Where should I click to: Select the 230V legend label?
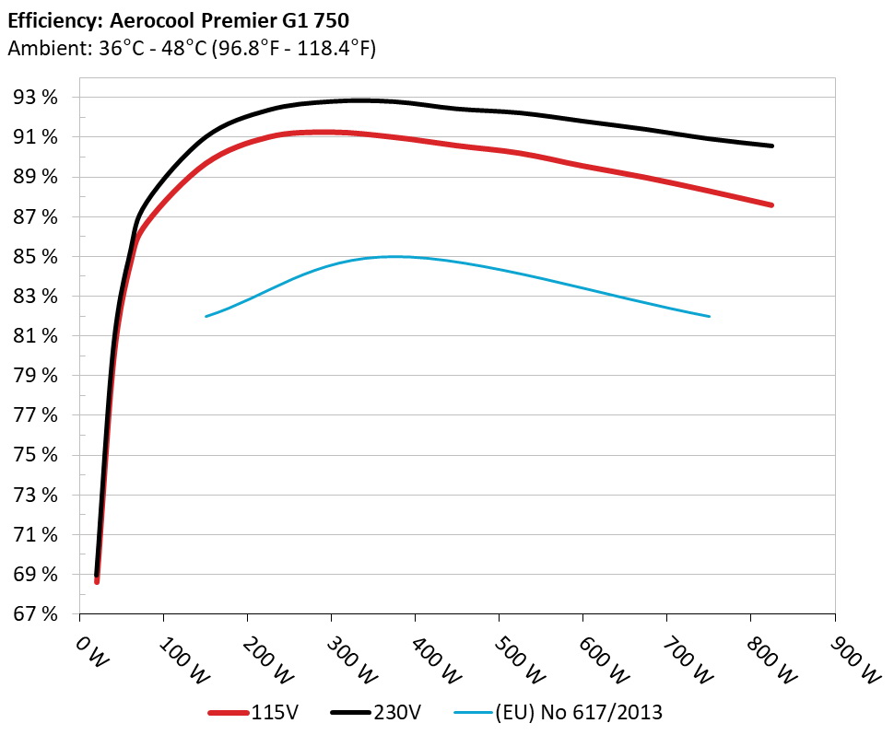click(x=398, y=711)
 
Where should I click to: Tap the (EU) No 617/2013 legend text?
click(x=579, y=711)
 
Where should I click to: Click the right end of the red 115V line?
click(x=771, y=204)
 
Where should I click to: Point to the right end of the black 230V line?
click(x=771, y=146)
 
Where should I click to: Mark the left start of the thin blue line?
click(x=206, y=316)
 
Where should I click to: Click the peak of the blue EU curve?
click(x=394, y=257)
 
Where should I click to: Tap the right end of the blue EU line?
click(x=710, y=316)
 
